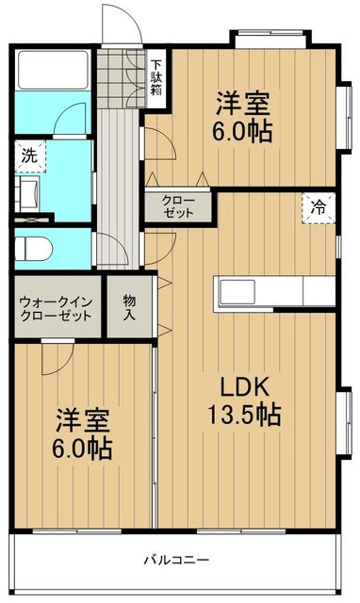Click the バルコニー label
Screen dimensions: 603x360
(175, 560)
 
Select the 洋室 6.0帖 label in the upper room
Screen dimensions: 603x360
(242, 116)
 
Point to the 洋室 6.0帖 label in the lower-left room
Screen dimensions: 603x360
(82, 432)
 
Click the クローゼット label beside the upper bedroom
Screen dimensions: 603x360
(177, 206)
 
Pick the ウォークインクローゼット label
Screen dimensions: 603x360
(56, 308)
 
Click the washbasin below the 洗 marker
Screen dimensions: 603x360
(28, 193)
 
